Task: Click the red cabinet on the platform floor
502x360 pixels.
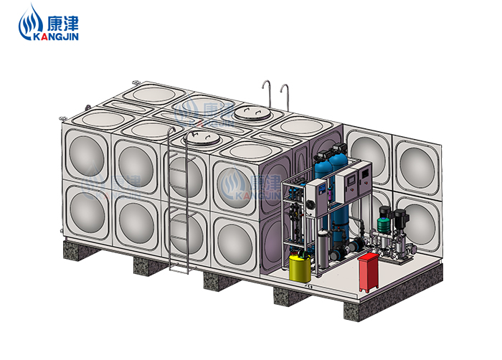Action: point(369,272)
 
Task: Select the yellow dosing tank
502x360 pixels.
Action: point(300,267)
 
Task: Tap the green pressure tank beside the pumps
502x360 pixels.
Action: point(383,224)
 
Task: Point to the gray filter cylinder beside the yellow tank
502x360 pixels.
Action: point(323,249)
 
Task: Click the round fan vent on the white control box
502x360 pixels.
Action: point(311,204)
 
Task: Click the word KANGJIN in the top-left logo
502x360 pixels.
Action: point(56,36)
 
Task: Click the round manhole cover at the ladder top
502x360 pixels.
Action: point(202,138)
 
